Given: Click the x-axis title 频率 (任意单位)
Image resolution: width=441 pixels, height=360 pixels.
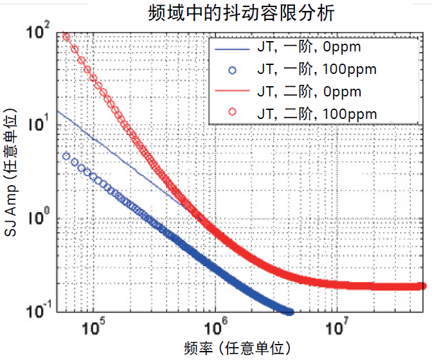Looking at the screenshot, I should tap(239, 348).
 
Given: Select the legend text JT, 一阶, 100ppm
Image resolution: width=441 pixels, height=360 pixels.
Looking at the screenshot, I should tap(316, 69).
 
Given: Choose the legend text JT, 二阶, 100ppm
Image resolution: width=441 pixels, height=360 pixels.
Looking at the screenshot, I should tap(316, 113).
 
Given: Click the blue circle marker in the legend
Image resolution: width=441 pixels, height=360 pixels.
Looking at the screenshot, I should tap(232, 69).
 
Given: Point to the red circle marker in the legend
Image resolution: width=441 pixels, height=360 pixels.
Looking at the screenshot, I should tap(232, 113).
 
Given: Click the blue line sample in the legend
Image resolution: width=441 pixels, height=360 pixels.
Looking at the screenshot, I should tap(232, 47).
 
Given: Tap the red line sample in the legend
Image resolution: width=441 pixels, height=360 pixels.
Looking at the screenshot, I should tap(232, 91).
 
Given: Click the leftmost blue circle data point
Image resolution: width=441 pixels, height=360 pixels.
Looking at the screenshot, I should tap(66, 156).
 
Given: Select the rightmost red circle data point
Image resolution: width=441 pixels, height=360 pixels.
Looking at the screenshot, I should tap(422, 285).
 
